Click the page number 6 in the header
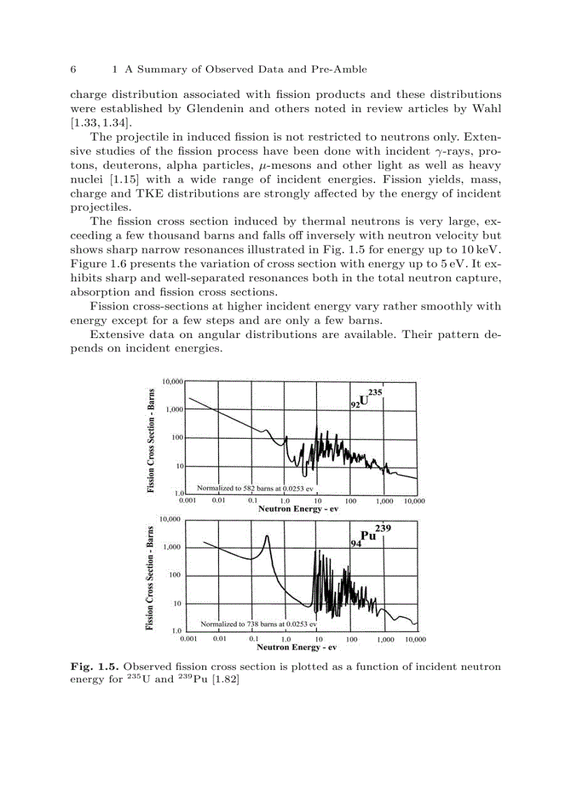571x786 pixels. (x=73, y=69)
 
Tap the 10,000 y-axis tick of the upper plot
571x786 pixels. (x=172, y=381)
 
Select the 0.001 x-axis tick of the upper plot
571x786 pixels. (x=187, y=502)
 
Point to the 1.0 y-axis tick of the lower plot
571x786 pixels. (x=177, y=631)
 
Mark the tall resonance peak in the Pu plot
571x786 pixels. (x=267, y=538)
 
